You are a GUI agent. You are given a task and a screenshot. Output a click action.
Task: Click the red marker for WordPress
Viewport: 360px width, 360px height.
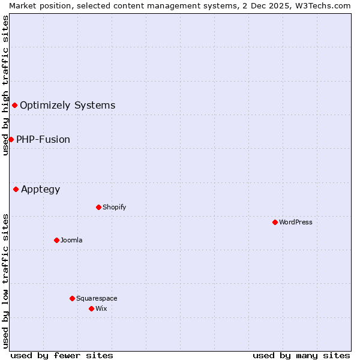[x=275, y=222]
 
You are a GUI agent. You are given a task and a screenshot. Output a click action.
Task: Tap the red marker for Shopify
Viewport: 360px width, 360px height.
[x=98, y=207]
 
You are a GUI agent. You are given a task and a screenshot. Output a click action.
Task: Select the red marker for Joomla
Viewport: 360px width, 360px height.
[x=56, y=240]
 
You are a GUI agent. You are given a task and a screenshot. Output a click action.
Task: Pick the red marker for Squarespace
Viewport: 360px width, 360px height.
[x=72, y=298]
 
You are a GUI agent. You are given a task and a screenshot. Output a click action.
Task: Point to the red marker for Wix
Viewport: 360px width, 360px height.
[x=91, y=308]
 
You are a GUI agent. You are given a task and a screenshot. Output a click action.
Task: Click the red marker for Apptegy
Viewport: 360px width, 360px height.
[x=16, y=190]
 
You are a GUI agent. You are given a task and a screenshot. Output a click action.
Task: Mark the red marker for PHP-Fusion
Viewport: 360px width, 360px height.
[x=11, y=139]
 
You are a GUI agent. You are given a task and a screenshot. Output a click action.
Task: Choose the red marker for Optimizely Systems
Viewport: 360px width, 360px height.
[x=14, y=106]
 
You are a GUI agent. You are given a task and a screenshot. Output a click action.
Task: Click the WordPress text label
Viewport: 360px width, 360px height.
[x=296, y=222]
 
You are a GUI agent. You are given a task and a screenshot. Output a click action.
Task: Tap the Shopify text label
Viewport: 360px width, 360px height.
[x=115, y=207]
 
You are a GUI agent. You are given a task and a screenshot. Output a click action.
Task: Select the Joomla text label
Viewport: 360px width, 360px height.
[x=71, y=240]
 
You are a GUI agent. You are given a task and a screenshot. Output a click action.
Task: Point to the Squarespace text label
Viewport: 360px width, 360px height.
[x=97, y=298]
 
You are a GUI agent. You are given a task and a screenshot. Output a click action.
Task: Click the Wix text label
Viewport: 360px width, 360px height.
[x=101, y=308]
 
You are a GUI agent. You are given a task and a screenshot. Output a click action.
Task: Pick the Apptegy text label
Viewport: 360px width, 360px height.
[x=41, y=190]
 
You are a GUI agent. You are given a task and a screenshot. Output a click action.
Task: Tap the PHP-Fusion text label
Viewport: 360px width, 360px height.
[x=43, y=139]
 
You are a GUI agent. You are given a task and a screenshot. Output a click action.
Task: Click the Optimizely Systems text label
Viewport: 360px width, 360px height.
[x=68, y=106]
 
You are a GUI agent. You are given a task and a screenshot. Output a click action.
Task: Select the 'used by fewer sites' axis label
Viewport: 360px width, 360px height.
[x=62, y=355]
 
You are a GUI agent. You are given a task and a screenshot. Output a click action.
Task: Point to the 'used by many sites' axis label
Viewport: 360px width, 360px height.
[x=301, y=355]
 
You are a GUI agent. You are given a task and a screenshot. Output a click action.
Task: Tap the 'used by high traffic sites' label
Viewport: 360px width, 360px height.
[x=5, y=86]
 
